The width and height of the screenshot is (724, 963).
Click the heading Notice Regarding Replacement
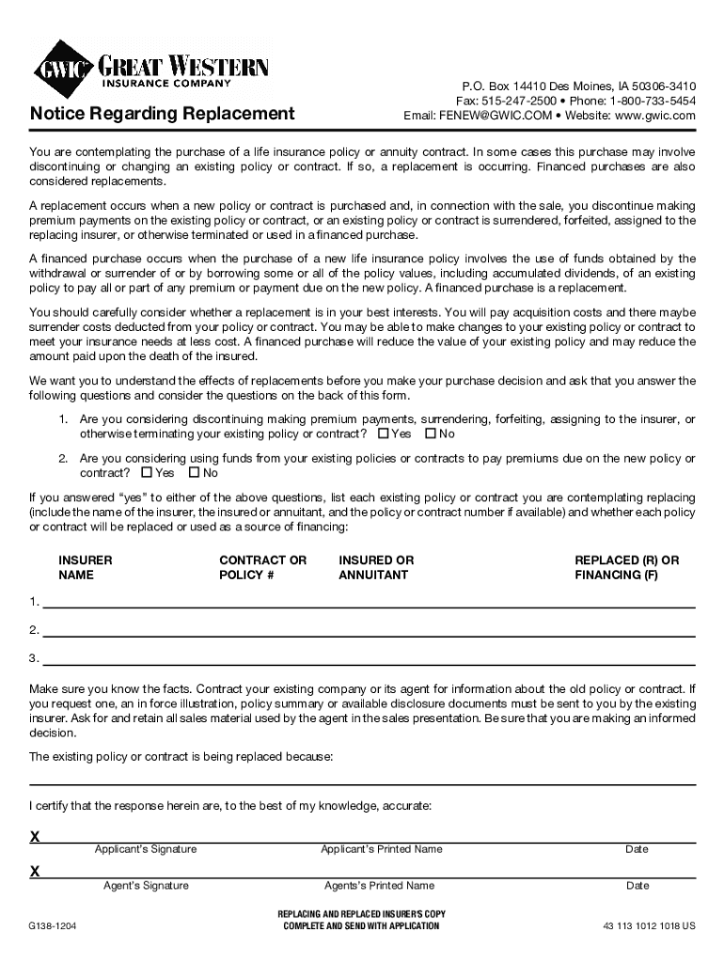162,114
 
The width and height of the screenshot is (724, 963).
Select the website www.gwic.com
654,116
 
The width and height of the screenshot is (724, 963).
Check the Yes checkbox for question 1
383,434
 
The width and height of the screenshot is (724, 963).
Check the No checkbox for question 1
431,434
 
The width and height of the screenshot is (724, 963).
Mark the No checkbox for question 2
194,473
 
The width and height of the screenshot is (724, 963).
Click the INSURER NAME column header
85,567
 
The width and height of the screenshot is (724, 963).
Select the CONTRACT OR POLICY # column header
262,567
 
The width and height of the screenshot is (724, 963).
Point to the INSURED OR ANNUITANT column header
376,567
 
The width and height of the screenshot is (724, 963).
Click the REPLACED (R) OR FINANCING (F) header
626,567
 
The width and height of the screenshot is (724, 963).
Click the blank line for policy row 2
367,630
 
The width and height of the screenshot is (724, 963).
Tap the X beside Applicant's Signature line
35,837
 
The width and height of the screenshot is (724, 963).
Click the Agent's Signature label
146,886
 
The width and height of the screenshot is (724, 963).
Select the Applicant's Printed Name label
381,849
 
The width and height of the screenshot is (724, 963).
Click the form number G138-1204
53,925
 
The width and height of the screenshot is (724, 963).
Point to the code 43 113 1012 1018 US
649,925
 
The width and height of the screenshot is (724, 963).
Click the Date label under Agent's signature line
637,886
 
